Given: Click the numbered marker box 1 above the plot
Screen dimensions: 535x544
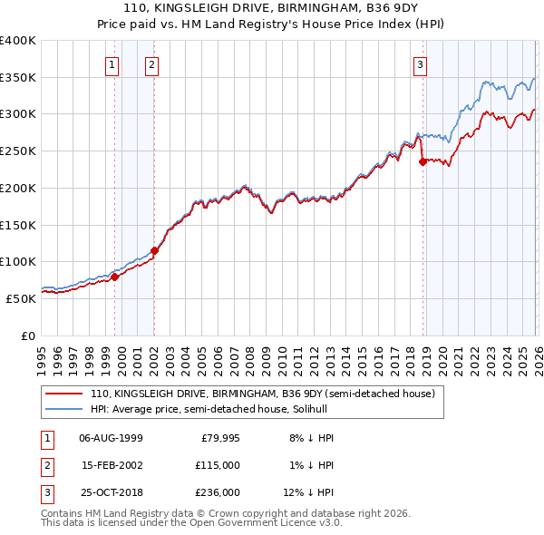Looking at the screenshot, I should point(112,64).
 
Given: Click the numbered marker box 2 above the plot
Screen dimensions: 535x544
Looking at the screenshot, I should point(151,64).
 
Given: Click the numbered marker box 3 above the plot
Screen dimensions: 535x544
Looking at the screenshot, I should point(421,64).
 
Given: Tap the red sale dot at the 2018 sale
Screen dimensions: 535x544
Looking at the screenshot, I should point(423,162).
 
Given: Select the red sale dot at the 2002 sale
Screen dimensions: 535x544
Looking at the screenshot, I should point(154,250).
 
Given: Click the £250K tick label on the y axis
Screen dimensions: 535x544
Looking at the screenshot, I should point(17,151).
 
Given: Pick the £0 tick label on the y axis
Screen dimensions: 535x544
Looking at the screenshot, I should point(27,336).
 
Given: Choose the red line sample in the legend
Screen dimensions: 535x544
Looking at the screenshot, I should point(63,394).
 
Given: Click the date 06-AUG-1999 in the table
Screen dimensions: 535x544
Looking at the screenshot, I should point(111,437).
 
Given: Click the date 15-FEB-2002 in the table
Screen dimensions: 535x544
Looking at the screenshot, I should point(111,464).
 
